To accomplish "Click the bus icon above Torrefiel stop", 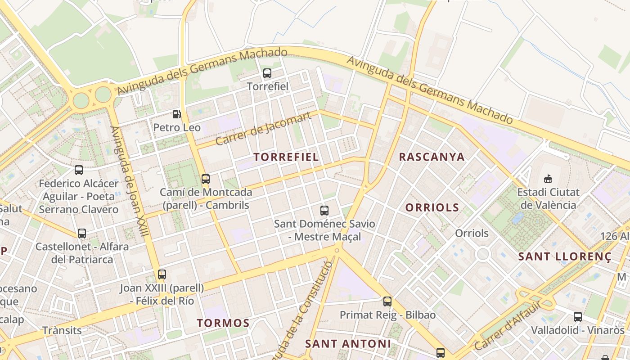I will [x=267, y=73].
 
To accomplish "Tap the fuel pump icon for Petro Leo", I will [x=177, y=114].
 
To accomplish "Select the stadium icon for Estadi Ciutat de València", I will [x=548, y=179].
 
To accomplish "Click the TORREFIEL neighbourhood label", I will [x=286, y=157].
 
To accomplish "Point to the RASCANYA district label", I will [x=432, y=157].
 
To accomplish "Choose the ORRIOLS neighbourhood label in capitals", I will [x=432, y=207].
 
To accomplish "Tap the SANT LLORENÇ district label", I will [x=565, y=257].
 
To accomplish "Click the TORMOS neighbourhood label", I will [x=223, y=323].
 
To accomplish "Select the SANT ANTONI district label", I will [x=348, y=344].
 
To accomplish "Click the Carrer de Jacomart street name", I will [x=263, y=129].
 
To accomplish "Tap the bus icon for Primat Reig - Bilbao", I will [x=387, y=301].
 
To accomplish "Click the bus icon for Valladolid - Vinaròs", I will [x=578, y=316].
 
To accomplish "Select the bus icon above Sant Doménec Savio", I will [x=324, y=210].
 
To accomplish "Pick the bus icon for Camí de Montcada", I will [x=206, y=179].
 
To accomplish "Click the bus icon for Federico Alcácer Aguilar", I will [x=79, y=170].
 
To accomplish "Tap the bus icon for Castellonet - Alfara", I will [x=82, y=234].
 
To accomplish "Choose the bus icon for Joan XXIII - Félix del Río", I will [x=162, y=274].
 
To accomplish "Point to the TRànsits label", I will [x=62, y=330].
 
